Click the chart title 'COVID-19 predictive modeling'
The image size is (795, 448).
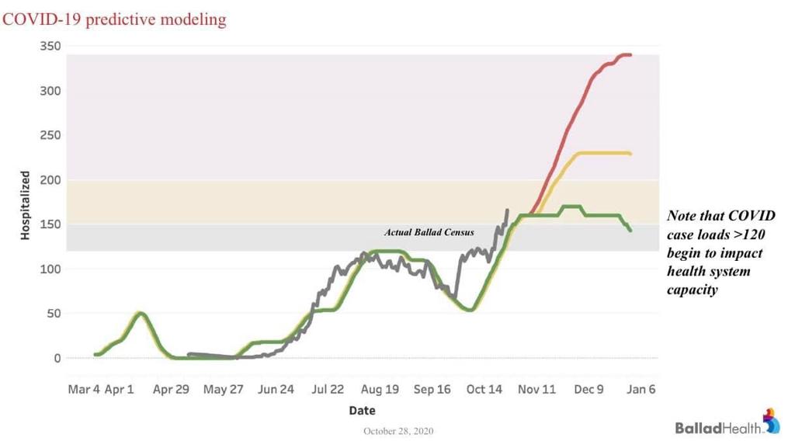(115, 19)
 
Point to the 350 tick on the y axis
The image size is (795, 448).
(51, 47)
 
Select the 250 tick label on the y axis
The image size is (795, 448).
(51, 135)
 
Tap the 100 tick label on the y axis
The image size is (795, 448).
(51, 269)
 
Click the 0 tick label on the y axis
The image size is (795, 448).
(57, 359)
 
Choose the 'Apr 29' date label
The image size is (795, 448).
(171, 390)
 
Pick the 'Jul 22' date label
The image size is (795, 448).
(328, 390)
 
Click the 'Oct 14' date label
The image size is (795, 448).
(484, 390)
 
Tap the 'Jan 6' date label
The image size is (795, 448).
(641, 390)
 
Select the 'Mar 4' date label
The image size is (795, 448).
(84, 390)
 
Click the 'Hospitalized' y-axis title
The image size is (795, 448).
(25, 206)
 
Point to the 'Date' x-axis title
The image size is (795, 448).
(362, 410)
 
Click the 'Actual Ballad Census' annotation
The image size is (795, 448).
(429, 232)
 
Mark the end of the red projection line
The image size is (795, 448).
(630, 55)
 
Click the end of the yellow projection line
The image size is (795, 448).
(630, 154)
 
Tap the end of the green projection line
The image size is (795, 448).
(630, 230)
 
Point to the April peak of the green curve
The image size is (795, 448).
(141, 313)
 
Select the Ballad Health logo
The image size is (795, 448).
(727, 423)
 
